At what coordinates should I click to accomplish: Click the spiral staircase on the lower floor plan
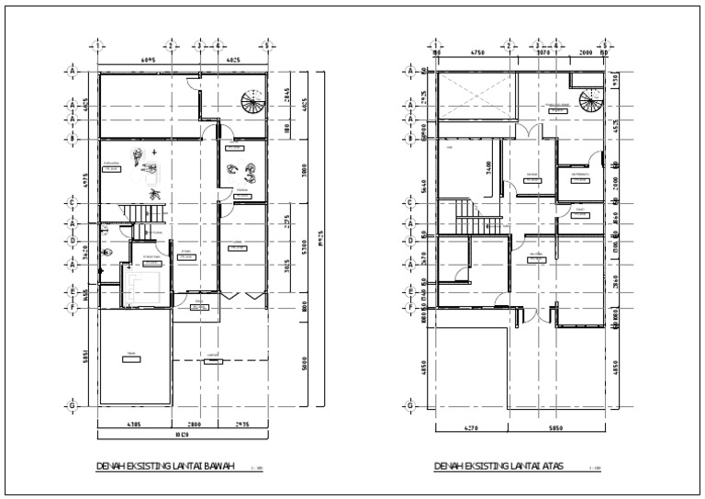coord(250,100)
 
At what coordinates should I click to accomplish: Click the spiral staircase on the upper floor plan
coord(588,100)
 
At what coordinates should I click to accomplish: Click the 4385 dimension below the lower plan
coord(133,424)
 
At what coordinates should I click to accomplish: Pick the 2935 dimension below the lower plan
coord(242,424)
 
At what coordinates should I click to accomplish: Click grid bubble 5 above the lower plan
coord(266,44)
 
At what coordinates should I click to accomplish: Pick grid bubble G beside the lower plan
coord(71,404)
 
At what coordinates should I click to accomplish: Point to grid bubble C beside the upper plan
coord(409,203)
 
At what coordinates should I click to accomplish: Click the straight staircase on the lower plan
coord(146,215)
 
